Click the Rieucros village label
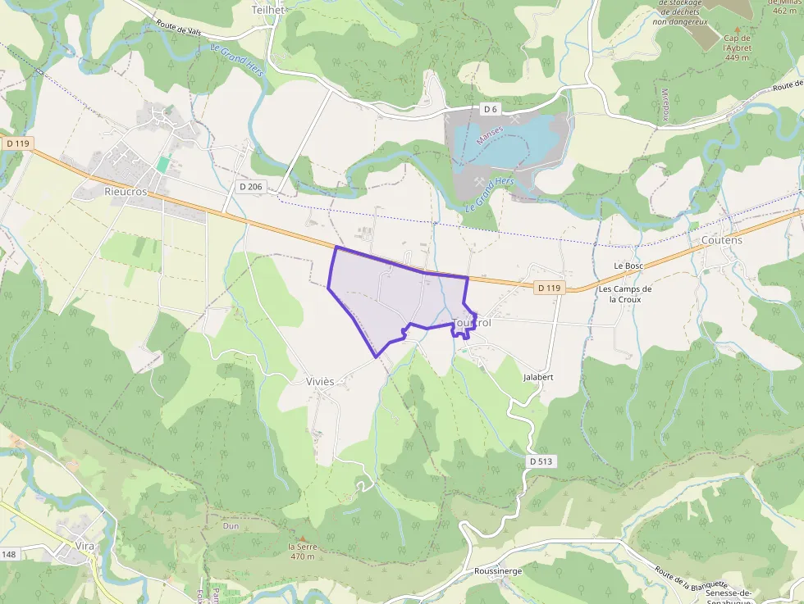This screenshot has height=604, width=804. click(126, 191)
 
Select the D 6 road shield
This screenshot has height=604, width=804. click(491, 109)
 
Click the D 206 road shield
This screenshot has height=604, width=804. click(251, 187)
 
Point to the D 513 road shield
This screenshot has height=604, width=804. click(541, 461)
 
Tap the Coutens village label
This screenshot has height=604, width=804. click(721, 240)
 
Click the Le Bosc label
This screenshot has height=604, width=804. click(628, 266)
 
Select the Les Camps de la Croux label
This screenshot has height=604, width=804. click(624, 294)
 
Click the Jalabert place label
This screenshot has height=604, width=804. click(538, 377)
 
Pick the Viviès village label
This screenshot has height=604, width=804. click(320, 382)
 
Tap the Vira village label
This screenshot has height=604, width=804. click(85, 545)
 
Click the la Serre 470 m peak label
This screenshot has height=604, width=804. click(302, 552)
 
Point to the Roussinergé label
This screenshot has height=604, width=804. click(498, 571)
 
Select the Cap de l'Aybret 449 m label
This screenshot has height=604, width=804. click(738, 48)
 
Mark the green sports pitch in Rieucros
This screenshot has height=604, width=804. click(162, 165)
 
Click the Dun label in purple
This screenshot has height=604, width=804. click(231, 526)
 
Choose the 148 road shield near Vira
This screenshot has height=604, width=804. click(9, 555)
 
